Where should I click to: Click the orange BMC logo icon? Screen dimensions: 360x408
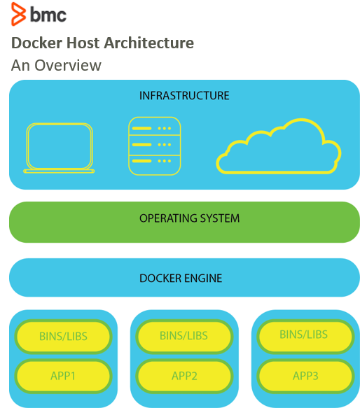coord(18,14)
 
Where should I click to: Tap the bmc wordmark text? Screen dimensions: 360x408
coord(48,14)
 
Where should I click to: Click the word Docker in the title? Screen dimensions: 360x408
coord(36,43)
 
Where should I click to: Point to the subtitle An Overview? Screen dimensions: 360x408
coord(56,65)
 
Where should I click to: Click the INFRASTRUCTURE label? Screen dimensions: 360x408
coord(184,95)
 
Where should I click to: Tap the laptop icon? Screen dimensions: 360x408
coord(59,148)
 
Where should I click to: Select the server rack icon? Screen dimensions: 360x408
coord(155,146)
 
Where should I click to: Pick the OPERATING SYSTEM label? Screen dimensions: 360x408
coord(189,218)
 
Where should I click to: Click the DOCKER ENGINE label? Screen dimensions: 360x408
coord(181,278)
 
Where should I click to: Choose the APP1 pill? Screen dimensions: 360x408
coord(63,376)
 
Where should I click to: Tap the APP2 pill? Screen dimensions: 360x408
coord(184,376)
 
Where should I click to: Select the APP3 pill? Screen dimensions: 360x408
coord(305,376)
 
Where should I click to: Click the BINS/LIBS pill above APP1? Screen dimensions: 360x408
coord(63,336)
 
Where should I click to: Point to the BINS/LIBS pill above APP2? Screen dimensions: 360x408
coord(184,336)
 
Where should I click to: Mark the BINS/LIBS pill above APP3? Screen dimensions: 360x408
coord(305,336)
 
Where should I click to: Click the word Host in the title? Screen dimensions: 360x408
coord(83,43)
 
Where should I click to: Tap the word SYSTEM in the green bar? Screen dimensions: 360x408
coord(219,218)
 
